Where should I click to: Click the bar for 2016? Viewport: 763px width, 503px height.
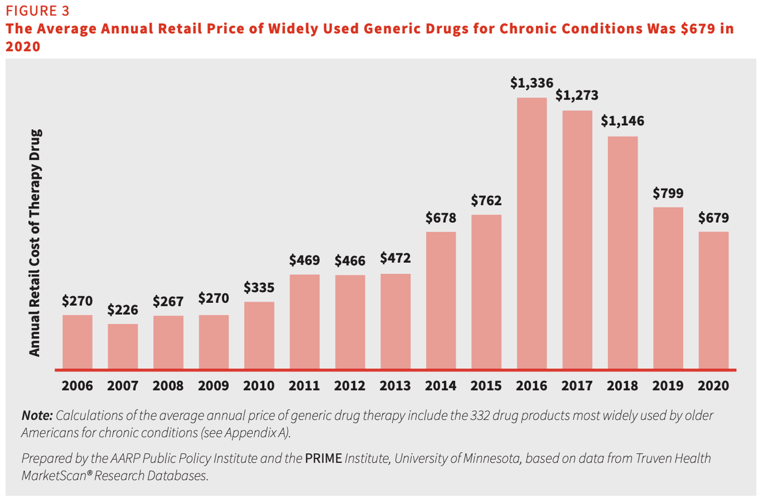pos(532,233)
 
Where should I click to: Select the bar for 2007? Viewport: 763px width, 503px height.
pos(123,346)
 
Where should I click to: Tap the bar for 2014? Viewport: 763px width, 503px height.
pos(441,300)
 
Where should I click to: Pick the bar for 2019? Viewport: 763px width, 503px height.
pos(668,288)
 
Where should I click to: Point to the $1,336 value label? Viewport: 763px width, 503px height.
pos(532,83)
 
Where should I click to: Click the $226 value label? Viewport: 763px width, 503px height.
pos(123,310)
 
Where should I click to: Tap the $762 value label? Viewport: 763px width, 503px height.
pos(486,200)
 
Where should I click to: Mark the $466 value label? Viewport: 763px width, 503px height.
pos(350,260)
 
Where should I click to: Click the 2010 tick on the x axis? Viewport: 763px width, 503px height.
pos(259,386)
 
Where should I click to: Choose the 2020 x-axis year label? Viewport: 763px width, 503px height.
pos(714,386)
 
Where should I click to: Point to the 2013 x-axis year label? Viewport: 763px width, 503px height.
pos(395,386)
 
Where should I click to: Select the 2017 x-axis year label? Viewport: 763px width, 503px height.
pos(577,386)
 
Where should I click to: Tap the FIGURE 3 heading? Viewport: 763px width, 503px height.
pos(37,11)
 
